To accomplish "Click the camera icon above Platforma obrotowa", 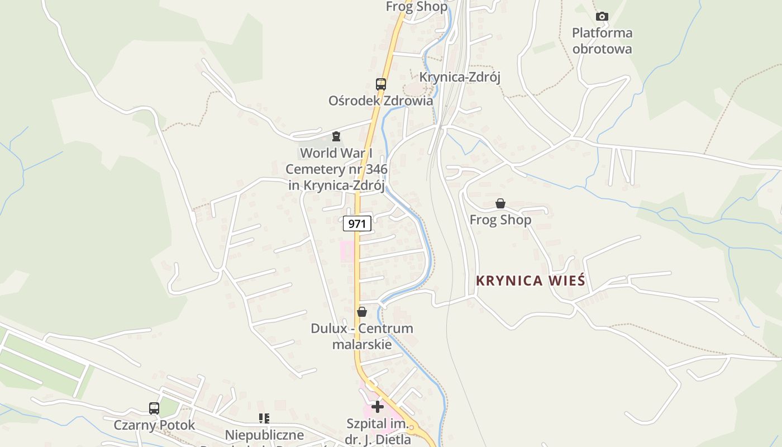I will (602, 16).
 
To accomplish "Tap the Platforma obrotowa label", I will (602, 41).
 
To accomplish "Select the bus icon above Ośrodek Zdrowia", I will (380, 84).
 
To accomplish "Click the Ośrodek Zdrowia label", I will (380, 101).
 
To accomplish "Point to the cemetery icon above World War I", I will (336, 136).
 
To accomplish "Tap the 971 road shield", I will (357, 224).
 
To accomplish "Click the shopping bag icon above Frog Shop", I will (500, 204).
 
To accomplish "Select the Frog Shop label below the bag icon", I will (500, 220).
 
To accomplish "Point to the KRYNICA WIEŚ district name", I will (530, 280).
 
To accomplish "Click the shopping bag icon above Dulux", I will (362, 312).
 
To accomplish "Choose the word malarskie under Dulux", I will (362, 344).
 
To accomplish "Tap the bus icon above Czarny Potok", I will (154, 408).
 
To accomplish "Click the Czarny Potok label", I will (154, 425).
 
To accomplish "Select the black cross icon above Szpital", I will (378, 407).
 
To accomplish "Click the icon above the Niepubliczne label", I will (264, 418).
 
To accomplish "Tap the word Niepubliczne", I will (264, 435).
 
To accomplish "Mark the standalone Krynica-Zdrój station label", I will (459, 77).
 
